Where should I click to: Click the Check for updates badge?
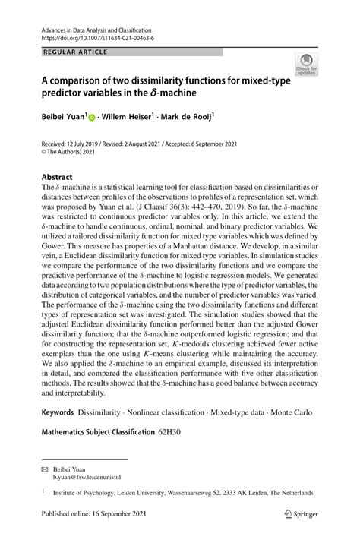click(308, 65)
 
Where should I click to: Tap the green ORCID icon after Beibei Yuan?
click(93, 118)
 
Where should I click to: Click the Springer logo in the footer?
click(298, 534)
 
